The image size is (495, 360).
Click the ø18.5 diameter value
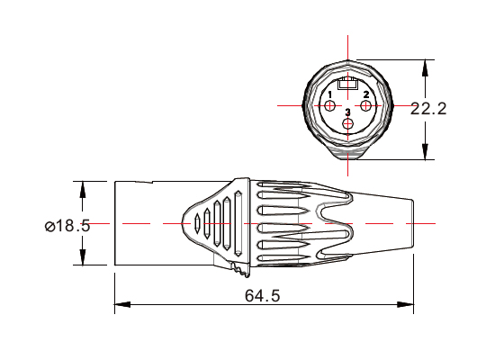67,226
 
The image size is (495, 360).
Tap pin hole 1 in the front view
332,106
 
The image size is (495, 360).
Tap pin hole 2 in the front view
366,106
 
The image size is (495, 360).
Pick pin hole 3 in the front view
349,123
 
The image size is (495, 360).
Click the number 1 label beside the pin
330,94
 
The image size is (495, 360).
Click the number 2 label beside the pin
366,94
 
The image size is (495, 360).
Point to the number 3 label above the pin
348,112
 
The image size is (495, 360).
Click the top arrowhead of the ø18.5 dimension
84,188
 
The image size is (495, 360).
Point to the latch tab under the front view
349,162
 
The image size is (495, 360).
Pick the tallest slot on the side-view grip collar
238,220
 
